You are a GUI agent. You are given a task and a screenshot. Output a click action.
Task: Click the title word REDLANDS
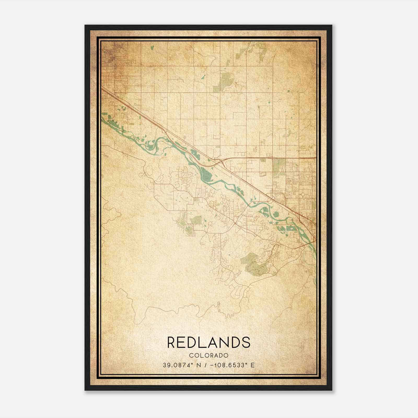click(209, 342)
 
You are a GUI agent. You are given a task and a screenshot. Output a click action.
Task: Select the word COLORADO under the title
click(209, 356)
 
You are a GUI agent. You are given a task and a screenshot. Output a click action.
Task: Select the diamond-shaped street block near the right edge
click(303, 195)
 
